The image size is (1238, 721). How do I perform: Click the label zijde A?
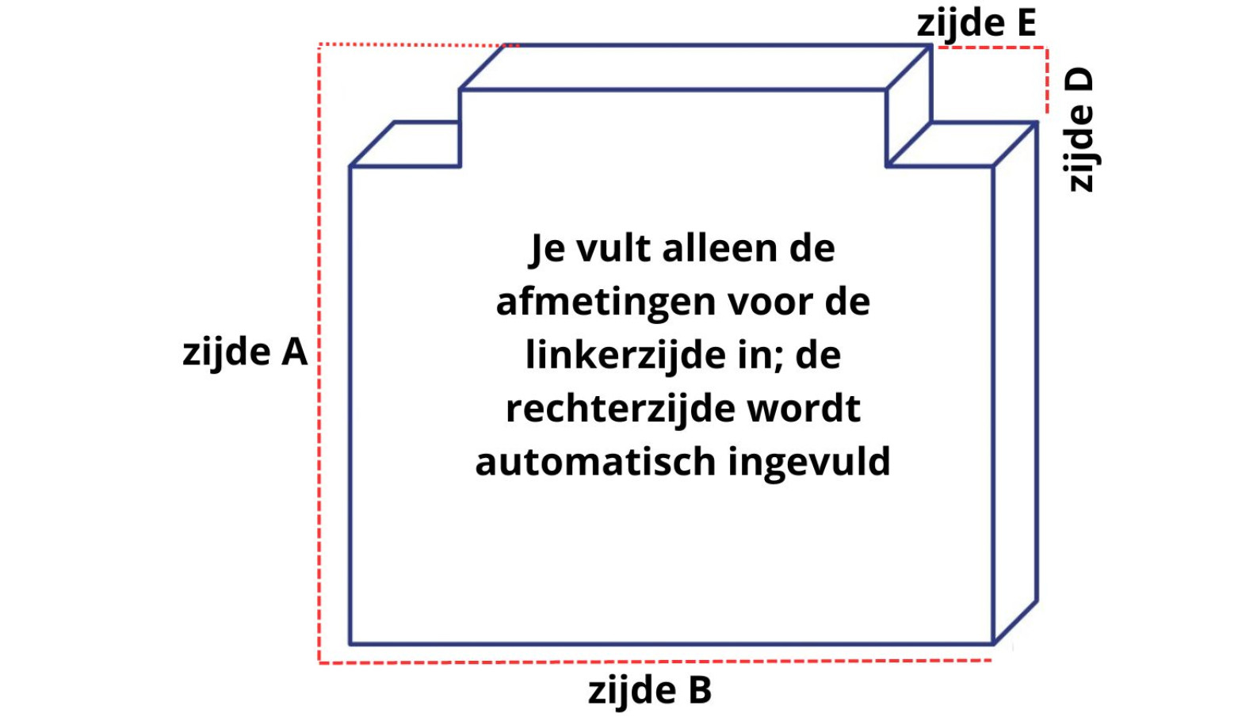[x=245, y=352]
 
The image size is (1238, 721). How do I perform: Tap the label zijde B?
[x=650, y=690]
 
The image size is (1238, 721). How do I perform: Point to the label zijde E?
[x=976, y=23]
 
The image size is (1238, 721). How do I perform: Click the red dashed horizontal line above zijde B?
[x=650, y=661]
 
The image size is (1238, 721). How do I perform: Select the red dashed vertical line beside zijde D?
[x=1047, y=79]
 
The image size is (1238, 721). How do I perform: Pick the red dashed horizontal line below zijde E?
[x=991, y=48]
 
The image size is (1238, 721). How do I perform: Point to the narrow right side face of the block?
[x=1015, y=380]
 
